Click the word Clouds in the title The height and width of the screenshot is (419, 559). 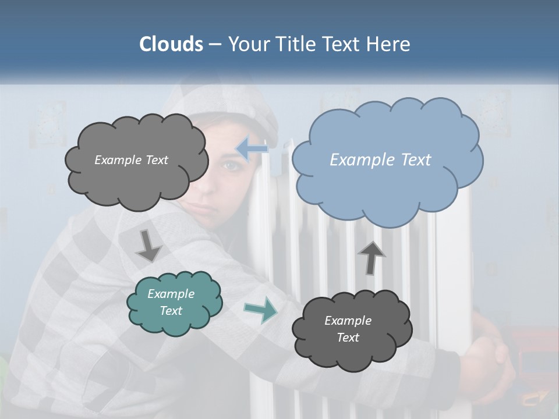(x=171, y=44)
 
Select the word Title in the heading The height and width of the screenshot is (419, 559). (x=296, y=44)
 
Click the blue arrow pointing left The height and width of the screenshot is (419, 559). (x=252, y=149)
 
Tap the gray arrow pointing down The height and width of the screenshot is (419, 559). (x=148, y=246)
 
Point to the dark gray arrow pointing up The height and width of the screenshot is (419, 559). (x=372, y=257)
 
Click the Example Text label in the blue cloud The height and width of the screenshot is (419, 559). (x=380, y=160)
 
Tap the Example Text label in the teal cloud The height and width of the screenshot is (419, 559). (x=171, y=302)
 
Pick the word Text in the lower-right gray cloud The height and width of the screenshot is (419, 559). (x=348, y=338)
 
